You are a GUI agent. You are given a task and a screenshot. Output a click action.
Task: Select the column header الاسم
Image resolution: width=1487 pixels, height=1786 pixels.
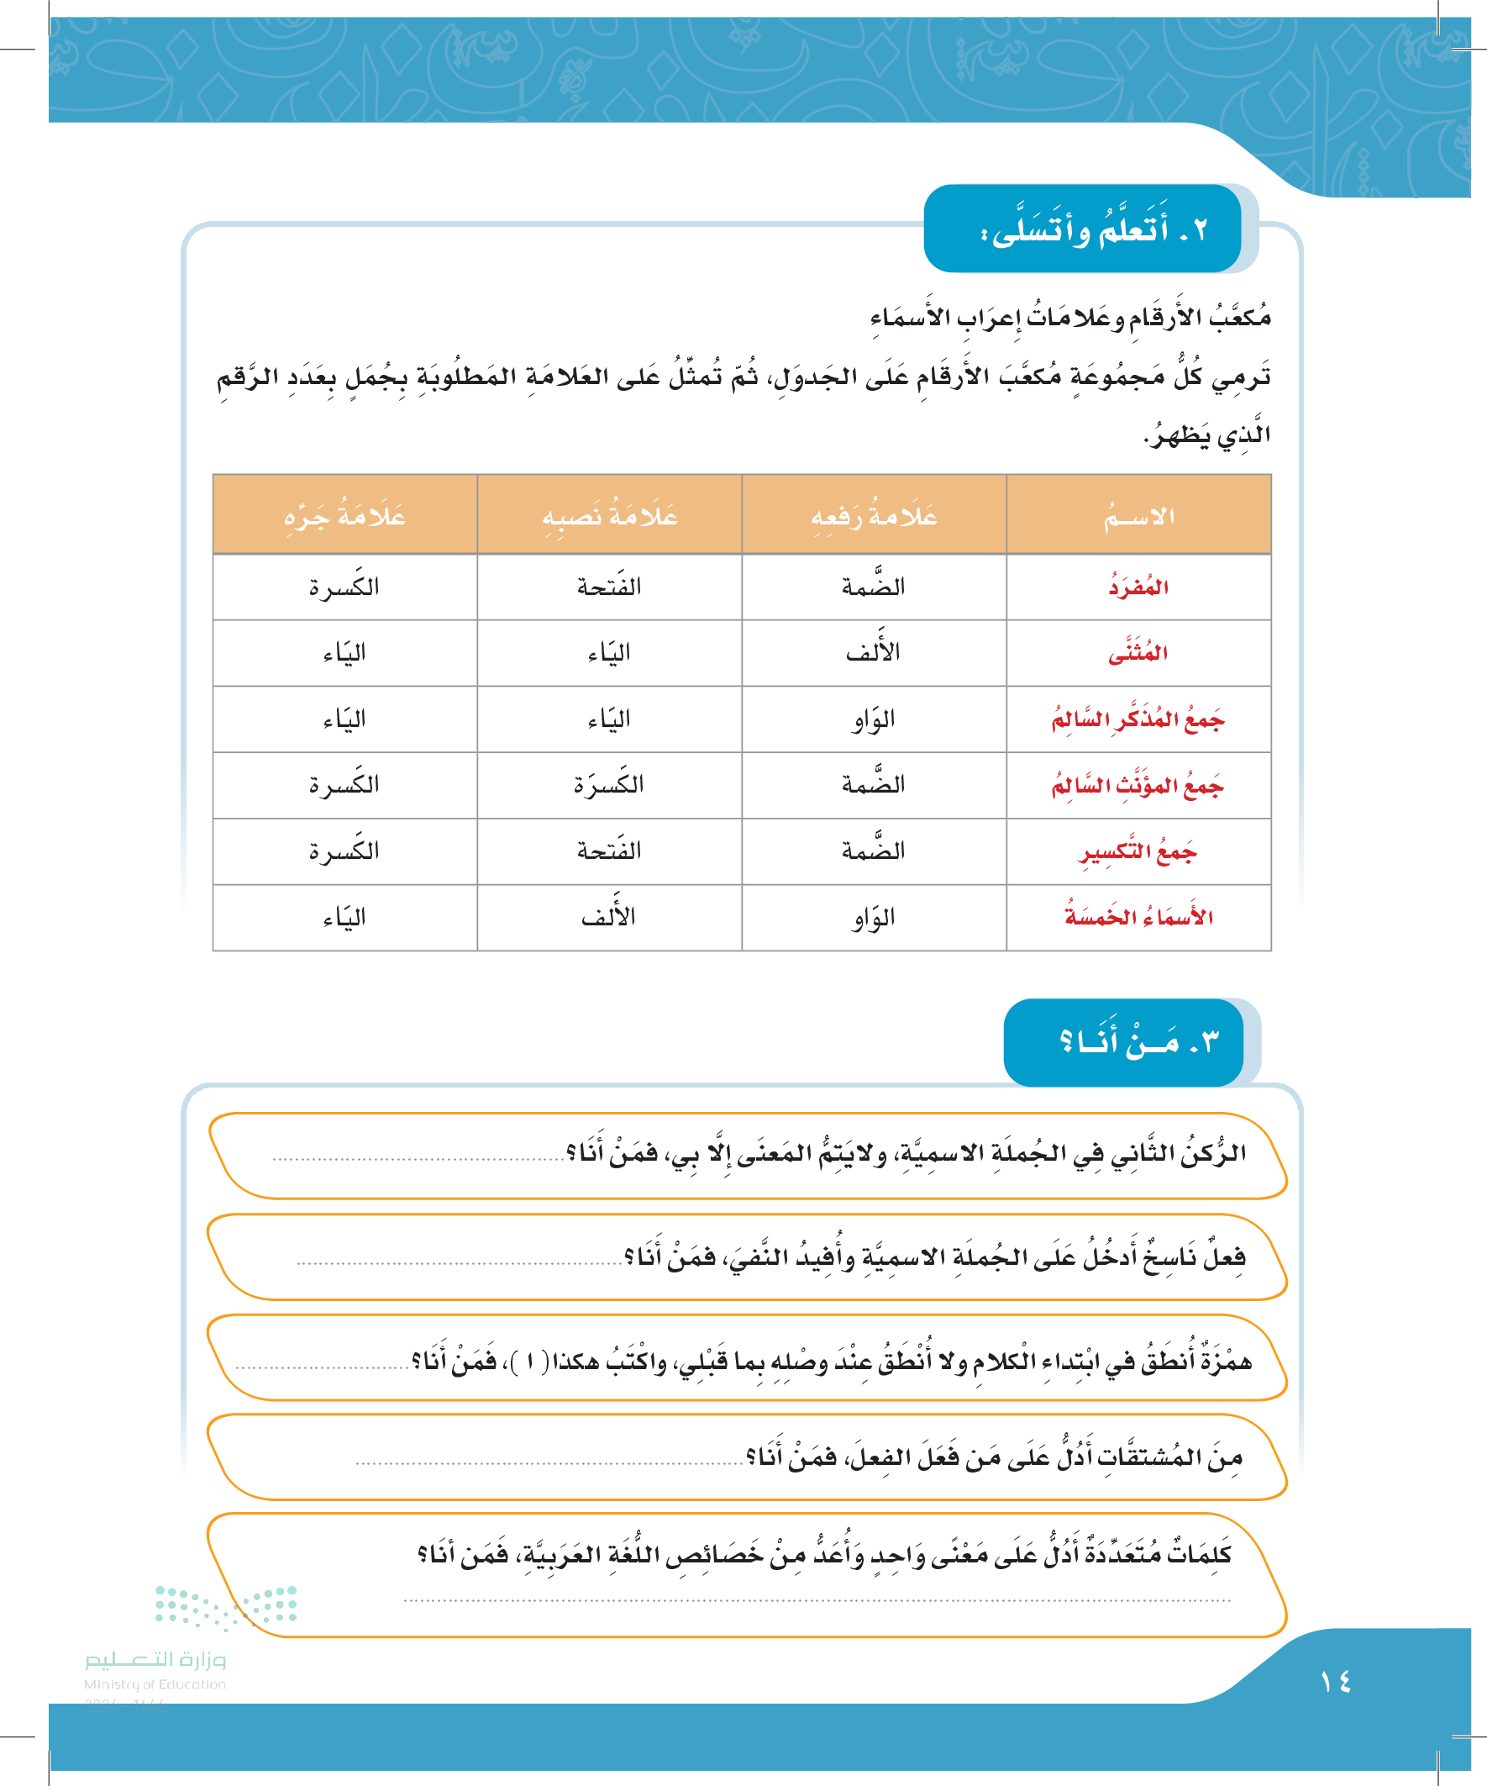[x=1138, y=516]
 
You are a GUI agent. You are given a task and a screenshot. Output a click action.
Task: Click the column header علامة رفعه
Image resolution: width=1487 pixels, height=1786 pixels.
[x=873, y=516]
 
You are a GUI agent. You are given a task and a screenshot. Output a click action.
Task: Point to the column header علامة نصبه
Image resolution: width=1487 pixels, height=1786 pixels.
[x=609, y=516]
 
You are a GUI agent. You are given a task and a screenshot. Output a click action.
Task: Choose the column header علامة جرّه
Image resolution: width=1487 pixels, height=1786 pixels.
[x=344, y=516]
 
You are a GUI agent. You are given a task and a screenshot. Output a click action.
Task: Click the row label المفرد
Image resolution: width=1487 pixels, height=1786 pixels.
[x=1138, y=587]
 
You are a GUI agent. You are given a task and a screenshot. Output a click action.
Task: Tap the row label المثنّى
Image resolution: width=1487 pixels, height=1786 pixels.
[x=1138, y=653]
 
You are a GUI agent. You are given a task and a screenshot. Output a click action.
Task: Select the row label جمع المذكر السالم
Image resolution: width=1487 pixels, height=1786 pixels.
[x=1138, y=719]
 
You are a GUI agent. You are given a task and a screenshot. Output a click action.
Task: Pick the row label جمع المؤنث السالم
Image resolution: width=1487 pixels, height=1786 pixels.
[x=1138, y=785]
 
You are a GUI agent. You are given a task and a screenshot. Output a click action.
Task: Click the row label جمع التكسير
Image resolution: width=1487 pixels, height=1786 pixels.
[x=1138, y=851]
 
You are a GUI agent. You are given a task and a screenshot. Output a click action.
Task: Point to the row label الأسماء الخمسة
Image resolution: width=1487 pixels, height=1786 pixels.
[x=1138, y=918]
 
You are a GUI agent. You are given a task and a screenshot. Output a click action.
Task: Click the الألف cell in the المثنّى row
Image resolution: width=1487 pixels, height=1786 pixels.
[x=873, y=653]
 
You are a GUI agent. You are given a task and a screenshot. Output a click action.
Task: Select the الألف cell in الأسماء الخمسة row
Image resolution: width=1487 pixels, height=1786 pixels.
[x=609, y=918]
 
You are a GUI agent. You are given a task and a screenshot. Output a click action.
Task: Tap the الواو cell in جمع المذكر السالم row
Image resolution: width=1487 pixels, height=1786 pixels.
[x=873, y=719]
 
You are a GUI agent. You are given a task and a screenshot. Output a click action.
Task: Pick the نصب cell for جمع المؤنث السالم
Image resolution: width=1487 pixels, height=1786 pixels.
[x=609, y=785]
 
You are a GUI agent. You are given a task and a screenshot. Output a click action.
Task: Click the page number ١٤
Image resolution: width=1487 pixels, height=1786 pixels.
[x=1336, y=1682]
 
